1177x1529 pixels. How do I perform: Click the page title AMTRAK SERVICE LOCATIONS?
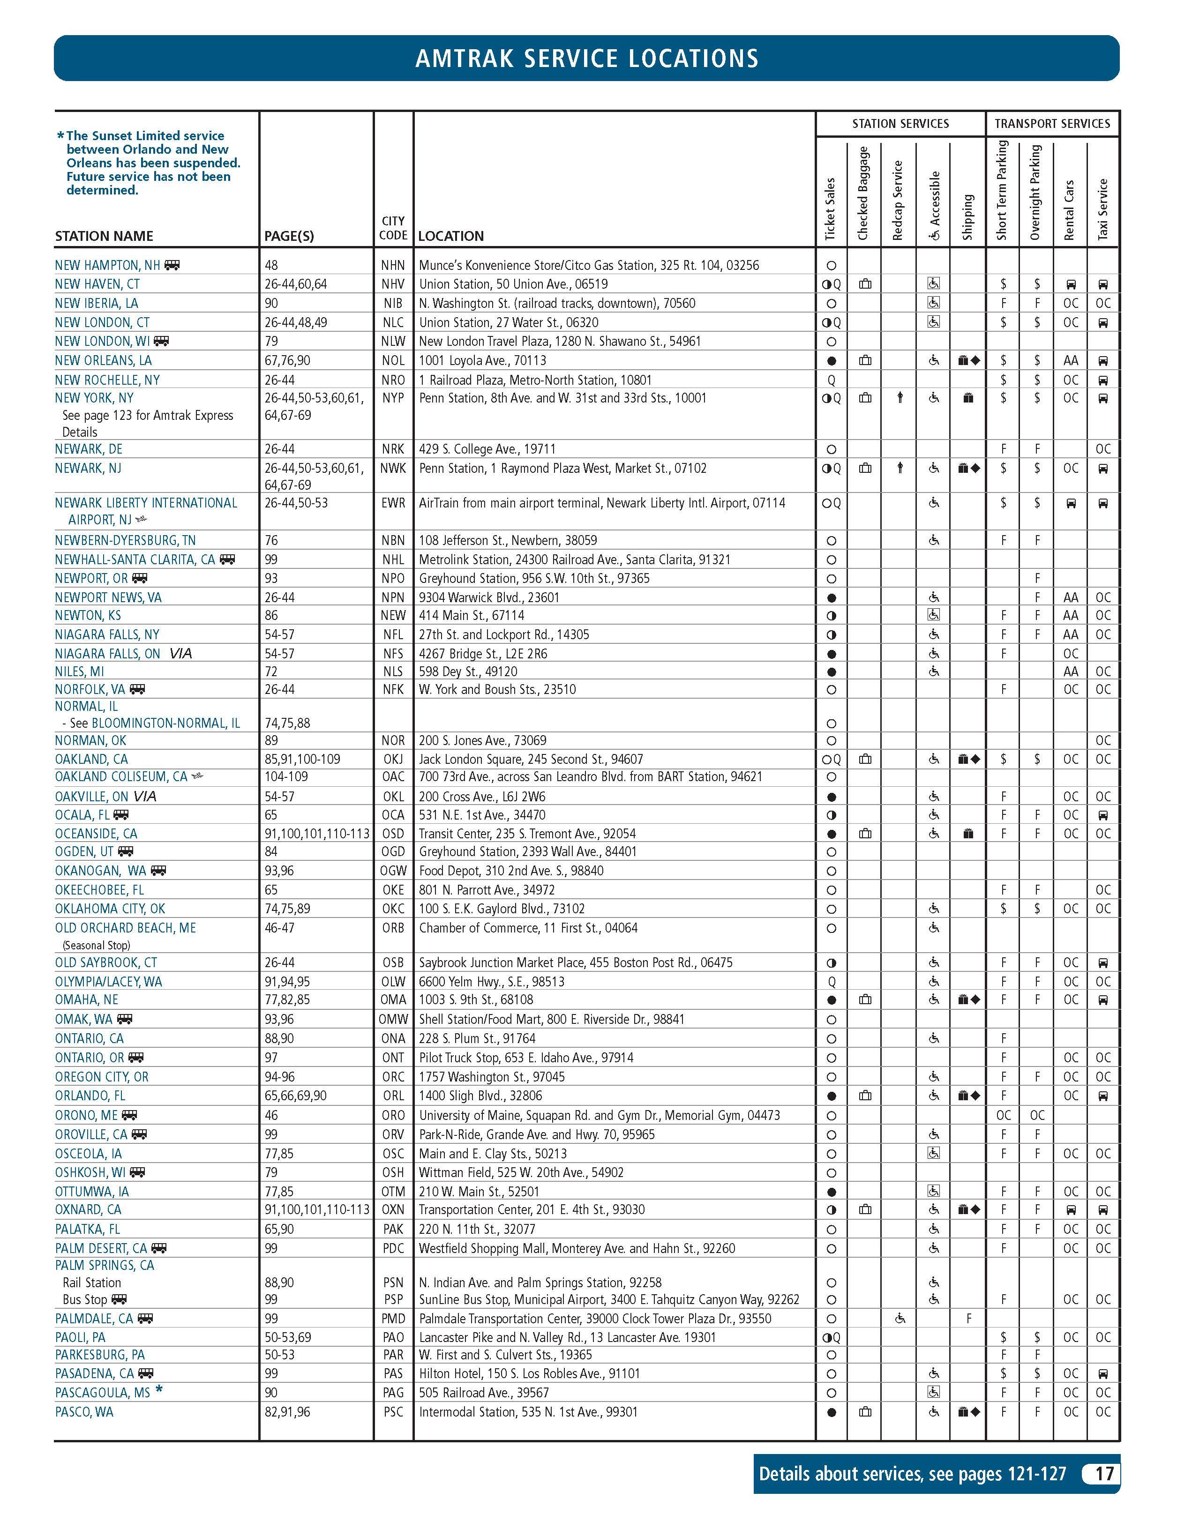[x=587, y=58]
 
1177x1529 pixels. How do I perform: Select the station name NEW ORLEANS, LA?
[x=103, y=360]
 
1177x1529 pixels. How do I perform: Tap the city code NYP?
[x=393, y=398]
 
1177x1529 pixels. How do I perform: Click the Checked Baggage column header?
[x=863, y=193]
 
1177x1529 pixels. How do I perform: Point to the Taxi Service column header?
[x=1103, y=209]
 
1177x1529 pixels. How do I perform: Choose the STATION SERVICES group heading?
[x=900, y=124]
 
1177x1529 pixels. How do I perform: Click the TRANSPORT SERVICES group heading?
[x=1052, y=124]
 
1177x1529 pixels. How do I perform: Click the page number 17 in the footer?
[x=1103, y=1474]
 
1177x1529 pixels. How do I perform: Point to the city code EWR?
[x=393, y=503]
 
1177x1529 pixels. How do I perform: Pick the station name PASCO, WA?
[x=84, y=1412]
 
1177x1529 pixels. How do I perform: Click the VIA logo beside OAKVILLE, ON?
[x=145, y=797]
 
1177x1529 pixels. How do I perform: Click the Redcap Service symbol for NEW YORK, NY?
[x=900, y=398]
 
